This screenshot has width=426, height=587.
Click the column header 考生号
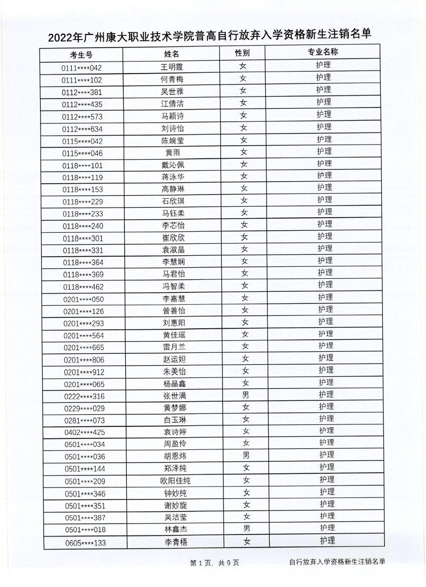pos(81,55)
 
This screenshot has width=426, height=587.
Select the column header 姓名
pos(171,54)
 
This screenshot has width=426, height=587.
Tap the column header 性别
pos(243,53)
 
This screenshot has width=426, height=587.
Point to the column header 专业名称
pos(323,52)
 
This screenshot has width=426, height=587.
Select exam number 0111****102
pos(82,80)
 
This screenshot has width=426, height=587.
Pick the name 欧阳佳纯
pos(175,481)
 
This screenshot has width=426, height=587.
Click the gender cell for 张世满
pos(246,395)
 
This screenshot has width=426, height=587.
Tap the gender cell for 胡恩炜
pos(246,455)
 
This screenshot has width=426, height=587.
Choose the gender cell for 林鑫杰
pos(247,528)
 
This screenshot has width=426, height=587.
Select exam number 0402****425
pos(85,432)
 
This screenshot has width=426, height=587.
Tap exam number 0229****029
pos(84,408)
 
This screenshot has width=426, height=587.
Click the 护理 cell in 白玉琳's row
pos(326,418)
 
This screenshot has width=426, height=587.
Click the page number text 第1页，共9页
pos(215,563)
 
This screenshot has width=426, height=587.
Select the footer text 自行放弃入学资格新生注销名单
pos(337,562)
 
